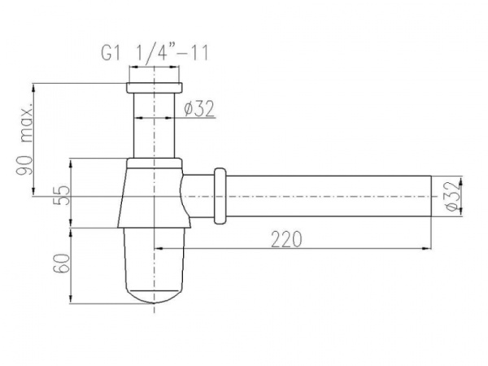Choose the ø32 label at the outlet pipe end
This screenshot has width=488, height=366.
pos(454,196)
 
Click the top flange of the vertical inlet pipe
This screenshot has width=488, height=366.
pos(155,87)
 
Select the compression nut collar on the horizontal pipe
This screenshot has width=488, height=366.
pos(219,196)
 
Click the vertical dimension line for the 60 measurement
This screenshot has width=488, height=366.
pos(74,264)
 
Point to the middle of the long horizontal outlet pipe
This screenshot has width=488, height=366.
pos(325,196)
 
